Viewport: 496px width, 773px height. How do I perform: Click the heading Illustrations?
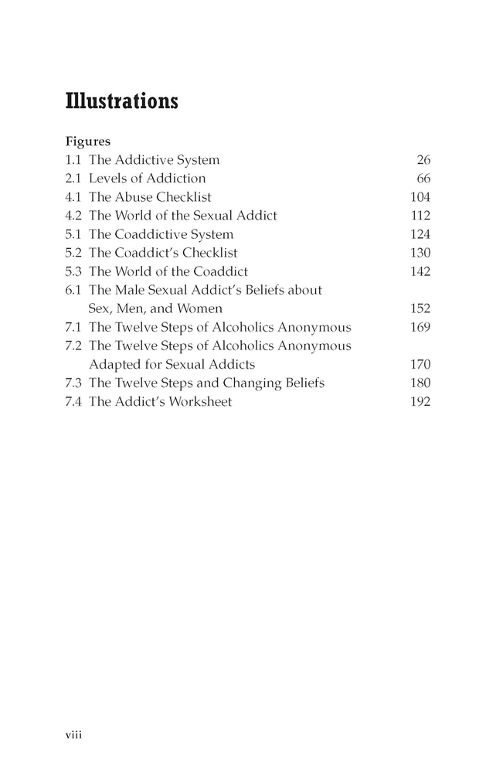122,101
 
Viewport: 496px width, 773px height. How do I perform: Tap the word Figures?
88,142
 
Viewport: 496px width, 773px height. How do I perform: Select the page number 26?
423,160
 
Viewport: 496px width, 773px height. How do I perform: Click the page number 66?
423,179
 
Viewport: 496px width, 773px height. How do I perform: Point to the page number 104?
420,197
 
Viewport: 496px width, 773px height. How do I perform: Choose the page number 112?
420,216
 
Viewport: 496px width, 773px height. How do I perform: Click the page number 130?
420,253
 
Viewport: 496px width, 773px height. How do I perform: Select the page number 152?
420,308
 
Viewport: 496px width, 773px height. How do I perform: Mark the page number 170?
420,364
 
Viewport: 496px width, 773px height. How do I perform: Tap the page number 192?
420,401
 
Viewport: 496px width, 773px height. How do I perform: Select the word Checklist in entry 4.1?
185,197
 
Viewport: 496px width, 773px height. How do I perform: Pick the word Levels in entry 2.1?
106,179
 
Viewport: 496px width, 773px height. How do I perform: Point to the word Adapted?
114,364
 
